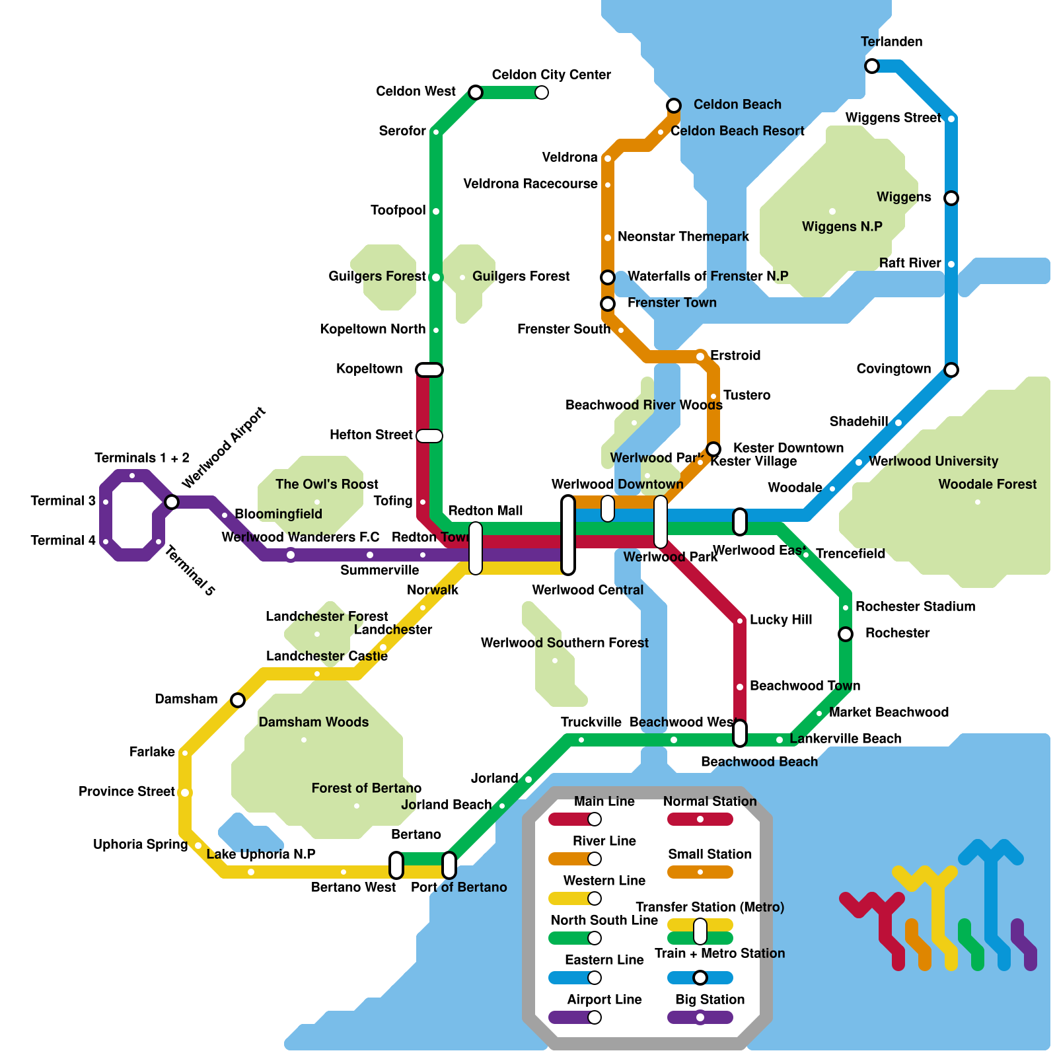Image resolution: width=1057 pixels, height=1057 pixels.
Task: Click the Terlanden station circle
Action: (x=872, y=66)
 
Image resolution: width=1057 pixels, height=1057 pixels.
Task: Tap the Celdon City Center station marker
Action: (x=542, y=92)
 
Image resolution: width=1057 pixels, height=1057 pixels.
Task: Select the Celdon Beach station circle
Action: (x=674, y=106)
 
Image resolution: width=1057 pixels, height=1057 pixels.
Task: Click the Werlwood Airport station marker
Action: (x=172, y=502)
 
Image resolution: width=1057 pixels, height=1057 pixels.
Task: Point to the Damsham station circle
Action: (x=238, y=700)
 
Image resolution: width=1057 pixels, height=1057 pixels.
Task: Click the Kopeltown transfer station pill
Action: (x=429, y=370)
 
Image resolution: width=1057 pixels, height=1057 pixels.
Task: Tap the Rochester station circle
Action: (x=846, y=634)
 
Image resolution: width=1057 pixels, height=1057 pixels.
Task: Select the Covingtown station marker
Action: (x=951, y=370)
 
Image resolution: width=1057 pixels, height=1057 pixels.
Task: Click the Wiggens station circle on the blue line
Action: (x=951, y=198)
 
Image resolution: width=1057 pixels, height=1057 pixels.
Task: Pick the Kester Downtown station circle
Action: (x=713, y=449)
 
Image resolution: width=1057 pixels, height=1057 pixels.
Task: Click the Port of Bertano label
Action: (x=458, y=887)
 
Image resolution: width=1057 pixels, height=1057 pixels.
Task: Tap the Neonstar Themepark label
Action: (x=683, y=237)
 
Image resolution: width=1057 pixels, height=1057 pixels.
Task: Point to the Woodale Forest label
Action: (x=988, y=484)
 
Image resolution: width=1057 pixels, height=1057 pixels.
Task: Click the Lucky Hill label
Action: (x=781, y=620)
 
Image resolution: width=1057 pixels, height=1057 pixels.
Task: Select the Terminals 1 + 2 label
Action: (x=142, y=458)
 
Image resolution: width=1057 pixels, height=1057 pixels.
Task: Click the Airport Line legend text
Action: (x=604, y=1000)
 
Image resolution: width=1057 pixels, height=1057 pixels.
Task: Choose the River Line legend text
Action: (x=604, y=841)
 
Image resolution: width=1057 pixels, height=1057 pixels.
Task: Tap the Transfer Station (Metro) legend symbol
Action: (x=700, y=931)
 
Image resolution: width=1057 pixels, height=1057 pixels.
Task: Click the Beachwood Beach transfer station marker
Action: (x=740, y=733)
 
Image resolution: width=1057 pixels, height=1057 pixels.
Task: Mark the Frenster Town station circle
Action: (x=608, y=304)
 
